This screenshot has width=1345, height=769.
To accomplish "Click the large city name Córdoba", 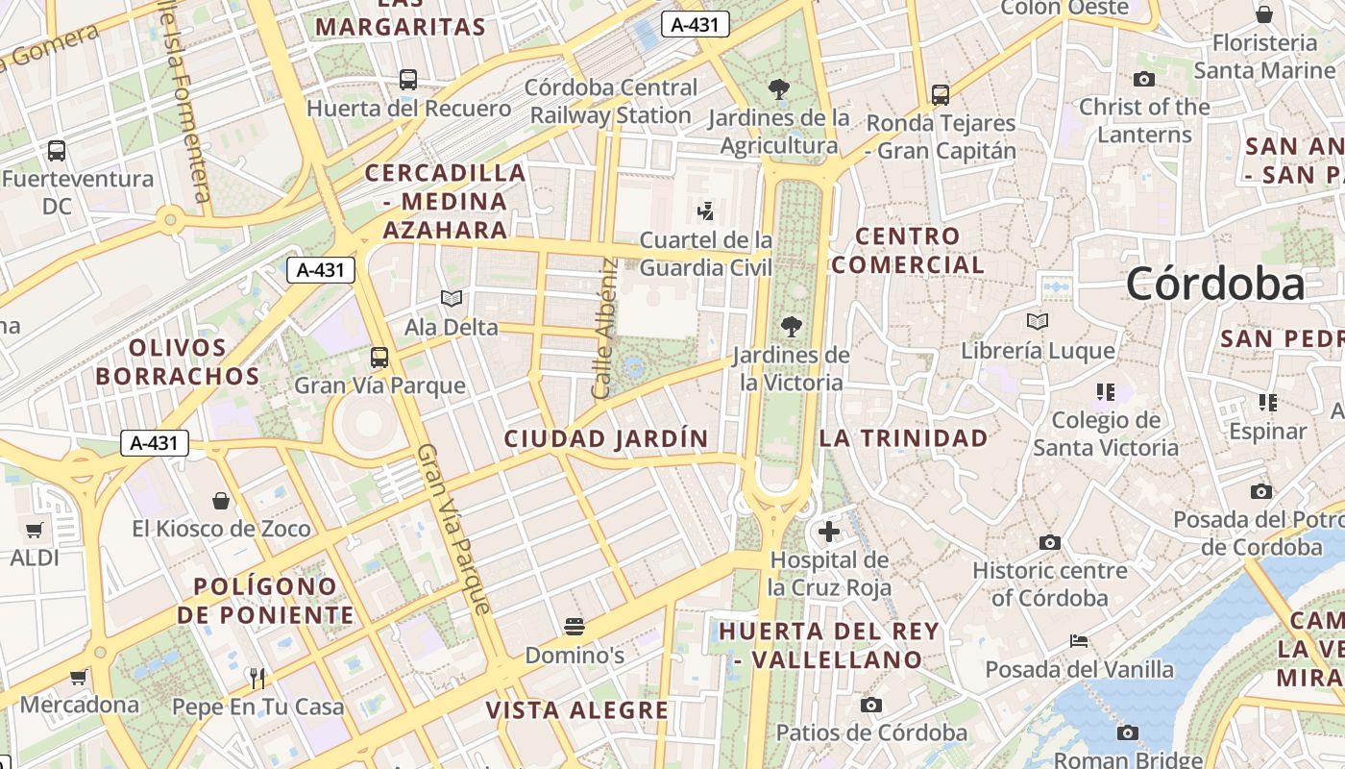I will point(1214,284).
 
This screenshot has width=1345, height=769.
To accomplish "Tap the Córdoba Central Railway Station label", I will point(611,101).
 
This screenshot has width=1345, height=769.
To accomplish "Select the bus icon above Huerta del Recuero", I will point(408,80).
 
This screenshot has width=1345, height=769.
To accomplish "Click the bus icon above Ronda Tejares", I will point(941,95).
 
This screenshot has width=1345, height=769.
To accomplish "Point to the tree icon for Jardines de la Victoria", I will point(791,327).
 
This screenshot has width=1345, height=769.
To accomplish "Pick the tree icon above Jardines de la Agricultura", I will point(779,90).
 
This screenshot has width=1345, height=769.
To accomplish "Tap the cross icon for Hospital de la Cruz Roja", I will point(829,531).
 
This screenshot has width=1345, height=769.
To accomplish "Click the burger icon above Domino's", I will point(575,628).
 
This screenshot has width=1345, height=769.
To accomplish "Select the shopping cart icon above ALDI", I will point(35,530).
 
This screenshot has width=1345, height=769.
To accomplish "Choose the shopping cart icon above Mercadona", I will point(79,677).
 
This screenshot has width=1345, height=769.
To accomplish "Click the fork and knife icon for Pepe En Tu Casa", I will point(257,679).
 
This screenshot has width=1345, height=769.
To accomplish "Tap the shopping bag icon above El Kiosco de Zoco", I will point(221,501).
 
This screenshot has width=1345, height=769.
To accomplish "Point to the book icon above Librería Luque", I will point(1038,321).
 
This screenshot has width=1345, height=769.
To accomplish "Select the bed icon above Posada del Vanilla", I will point(1079,641).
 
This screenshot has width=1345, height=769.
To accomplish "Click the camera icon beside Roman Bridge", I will point(1128,733).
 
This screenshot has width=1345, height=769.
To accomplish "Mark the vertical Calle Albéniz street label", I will point(603,329).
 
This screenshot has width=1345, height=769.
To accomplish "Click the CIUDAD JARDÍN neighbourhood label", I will point(606,439).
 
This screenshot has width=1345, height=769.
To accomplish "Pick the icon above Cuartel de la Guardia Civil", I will point(706,211).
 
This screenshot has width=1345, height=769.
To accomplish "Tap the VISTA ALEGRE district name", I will point(576,710).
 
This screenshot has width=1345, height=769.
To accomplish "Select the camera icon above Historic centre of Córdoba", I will point(1049,543).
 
